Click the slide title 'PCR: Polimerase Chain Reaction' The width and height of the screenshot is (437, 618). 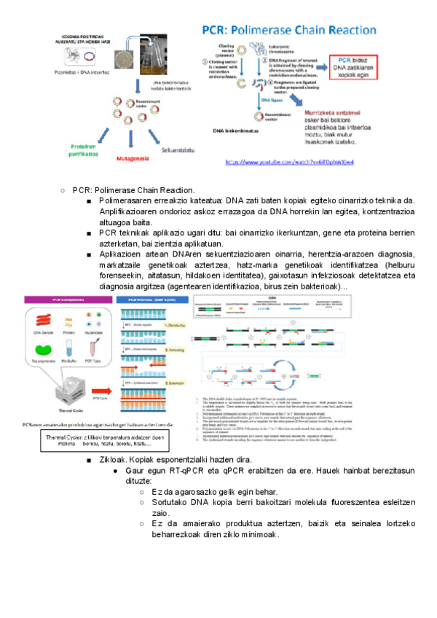(289, 31)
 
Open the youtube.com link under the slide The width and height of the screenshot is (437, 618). (289, 162)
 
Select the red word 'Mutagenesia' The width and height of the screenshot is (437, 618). (117, 157)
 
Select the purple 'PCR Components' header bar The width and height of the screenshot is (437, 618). (58, 301)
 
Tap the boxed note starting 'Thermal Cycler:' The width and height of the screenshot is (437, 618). (93, 441)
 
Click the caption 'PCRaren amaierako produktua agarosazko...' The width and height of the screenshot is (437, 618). (102, 423)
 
